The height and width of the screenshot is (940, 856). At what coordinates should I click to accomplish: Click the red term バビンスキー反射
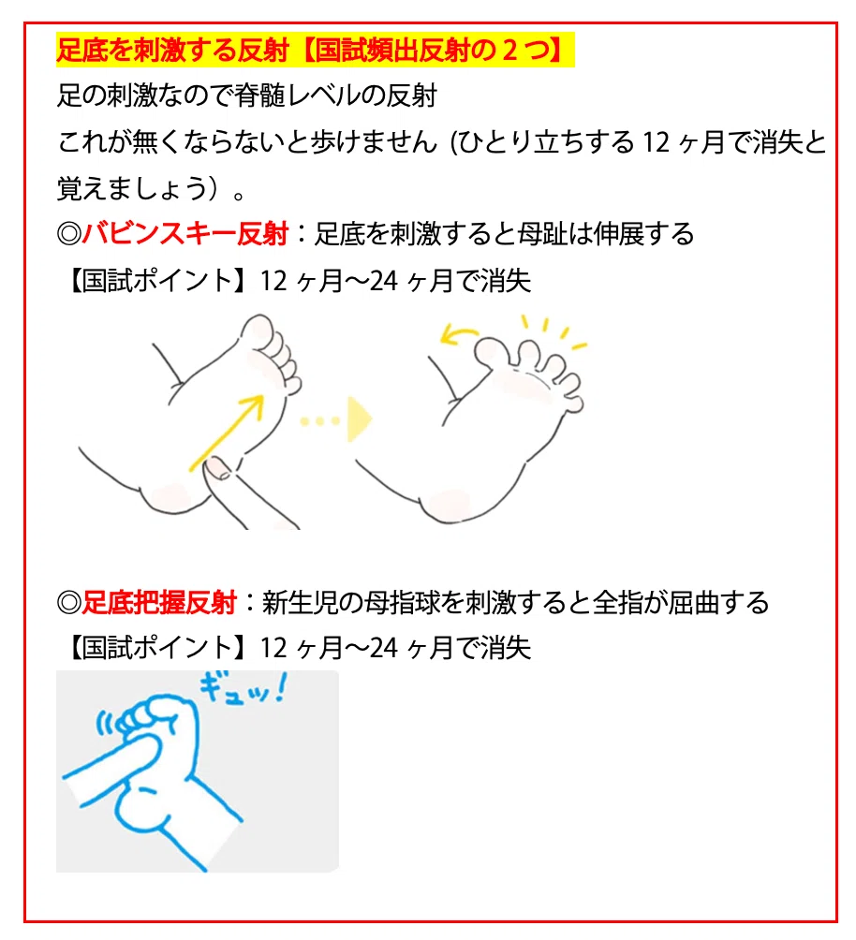[185, 234]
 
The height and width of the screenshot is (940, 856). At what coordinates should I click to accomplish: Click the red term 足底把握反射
[159, 603]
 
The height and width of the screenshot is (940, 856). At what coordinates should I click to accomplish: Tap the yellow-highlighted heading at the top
[315, 50]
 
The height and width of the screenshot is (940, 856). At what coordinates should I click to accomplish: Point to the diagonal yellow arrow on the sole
[227, 433]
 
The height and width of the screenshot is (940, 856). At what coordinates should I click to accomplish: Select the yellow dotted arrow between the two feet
[337, 419]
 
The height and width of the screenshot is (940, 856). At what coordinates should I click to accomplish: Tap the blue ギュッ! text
[243, 689]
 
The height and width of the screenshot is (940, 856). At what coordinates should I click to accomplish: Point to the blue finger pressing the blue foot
[111, 769]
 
